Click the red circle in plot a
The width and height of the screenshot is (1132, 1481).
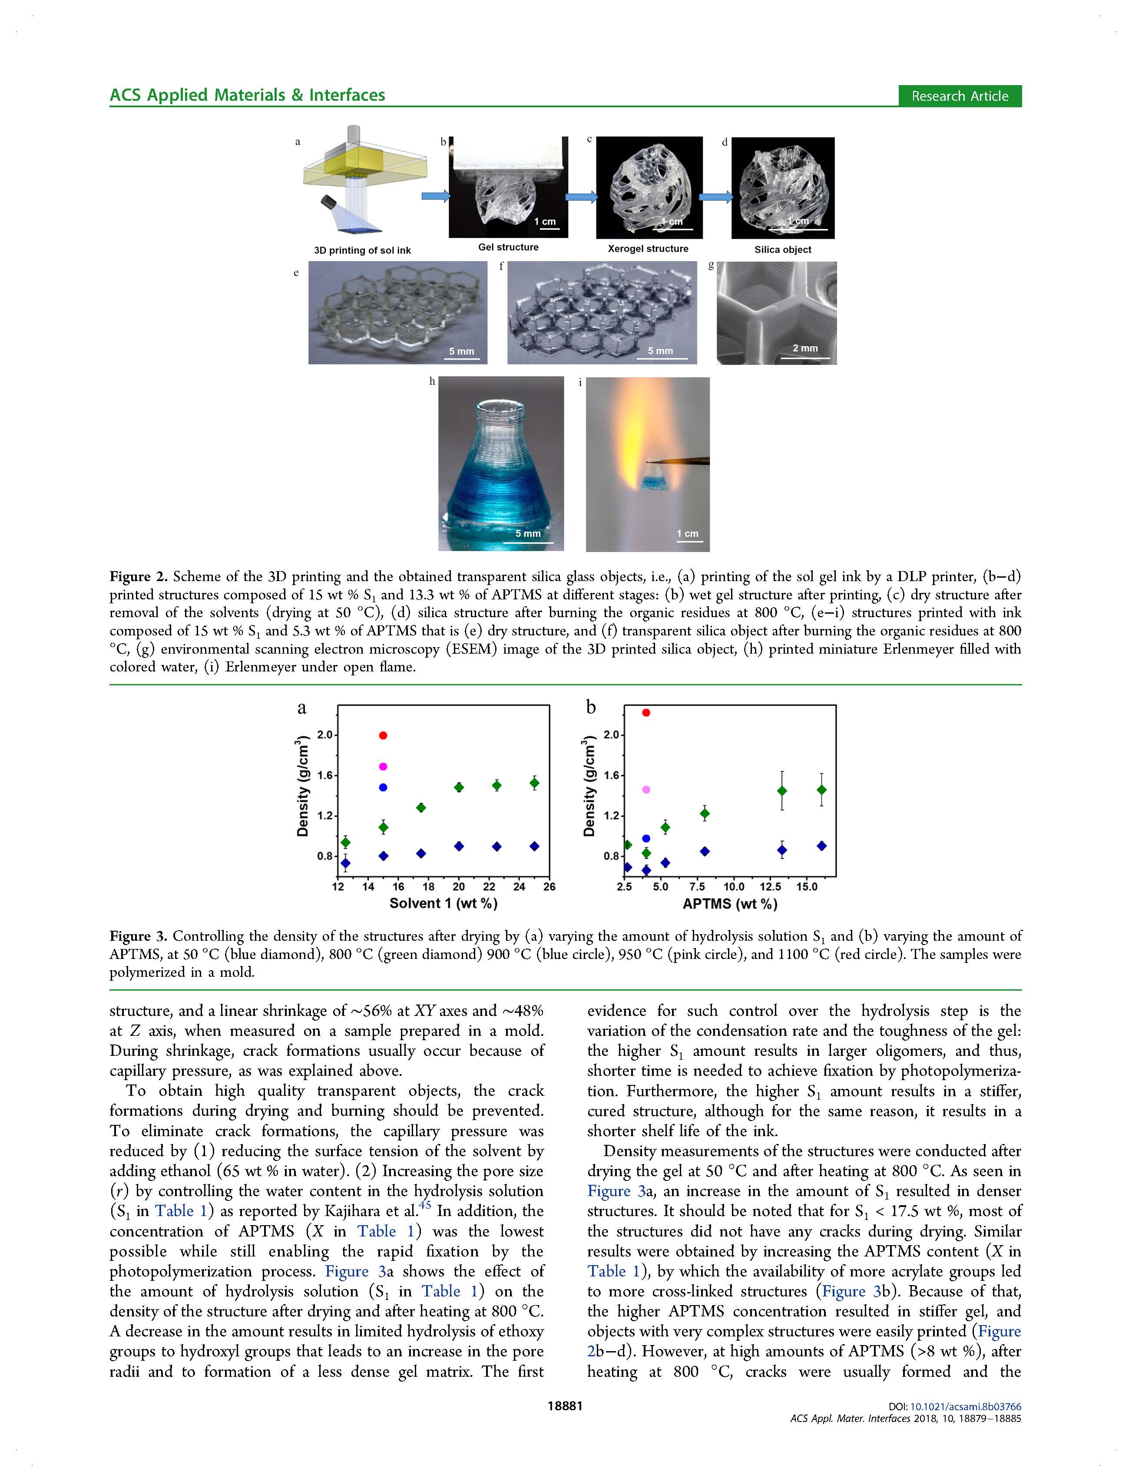pos(384,735)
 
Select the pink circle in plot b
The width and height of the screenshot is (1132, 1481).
pos(646,789)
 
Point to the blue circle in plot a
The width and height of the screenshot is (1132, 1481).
pos(384,787)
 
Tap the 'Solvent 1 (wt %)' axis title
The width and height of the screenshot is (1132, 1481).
pos(444,903)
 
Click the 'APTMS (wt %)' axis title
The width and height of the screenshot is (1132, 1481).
pos(730,904)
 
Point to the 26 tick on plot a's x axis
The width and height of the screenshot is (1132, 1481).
pos(549,887)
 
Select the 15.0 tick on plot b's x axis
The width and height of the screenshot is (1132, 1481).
pos(807,887)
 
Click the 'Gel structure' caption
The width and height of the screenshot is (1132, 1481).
pos(508,247)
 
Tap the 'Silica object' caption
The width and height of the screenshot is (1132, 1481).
pos(782,249)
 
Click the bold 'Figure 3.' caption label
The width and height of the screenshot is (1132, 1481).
pos(138,936)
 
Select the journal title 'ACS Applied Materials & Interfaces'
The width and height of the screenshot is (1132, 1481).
pos(247,95)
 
